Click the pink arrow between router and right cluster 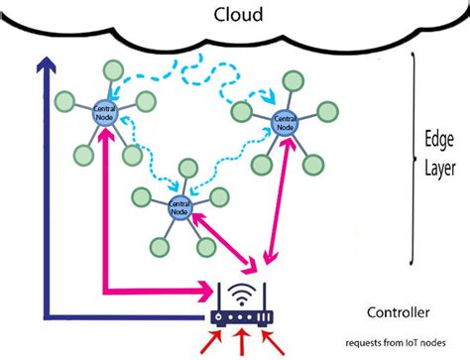click(x=280, y=198)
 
